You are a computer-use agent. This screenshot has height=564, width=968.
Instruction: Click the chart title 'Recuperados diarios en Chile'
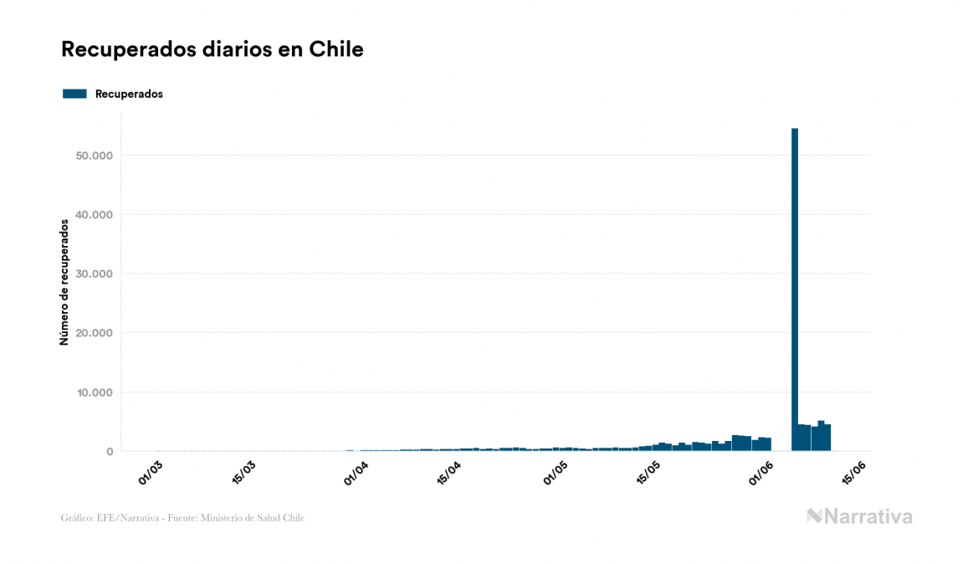click(x=213, y=49)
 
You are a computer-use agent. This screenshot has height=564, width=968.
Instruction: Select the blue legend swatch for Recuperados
click(x=74, y=94)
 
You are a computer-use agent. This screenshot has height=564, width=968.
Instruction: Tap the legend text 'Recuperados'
click(x=129, y=94)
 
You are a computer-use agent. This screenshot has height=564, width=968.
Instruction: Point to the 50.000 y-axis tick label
click(x=93, y=156)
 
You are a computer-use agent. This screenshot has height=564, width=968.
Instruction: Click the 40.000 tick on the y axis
click(x=93, y=215)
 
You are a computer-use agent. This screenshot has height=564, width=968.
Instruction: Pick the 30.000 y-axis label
click(x=93, y=274)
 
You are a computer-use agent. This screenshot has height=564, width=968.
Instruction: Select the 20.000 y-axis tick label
click(x=93, y=333)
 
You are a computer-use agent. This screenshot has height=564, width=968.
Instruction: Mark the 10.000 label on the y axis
click(x=93, y=392)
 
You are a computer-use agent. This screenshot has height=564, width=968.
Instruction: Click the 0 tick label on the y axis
click(x=109, y=452)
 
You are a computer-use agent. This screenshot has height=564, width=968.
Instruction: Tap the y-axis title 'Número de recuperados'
click(x=64, y=282)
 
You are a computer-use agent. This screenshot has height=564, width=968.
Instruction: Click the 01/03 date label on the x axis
click(x=151, y=470)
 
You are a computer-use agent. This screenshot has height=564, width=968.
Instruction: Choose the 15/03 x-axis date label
click(x=245, y=470)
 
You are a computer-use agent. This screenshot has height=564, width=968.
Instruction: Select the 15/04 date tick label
click(x=449, y=470)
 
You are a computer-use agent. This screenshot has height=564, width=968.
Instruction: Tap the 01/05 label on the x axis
click(x=556, y=470)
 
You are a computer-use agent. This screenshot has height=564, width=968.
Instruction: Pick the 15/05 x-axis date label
click(x=651, y=470)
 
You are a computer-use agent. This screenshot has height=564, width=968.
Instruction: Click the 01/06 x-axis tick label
click(x=763, y=470)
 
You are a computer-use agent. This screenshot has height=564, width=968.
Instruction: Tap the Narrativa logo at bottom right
click(x=859, y=516)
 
